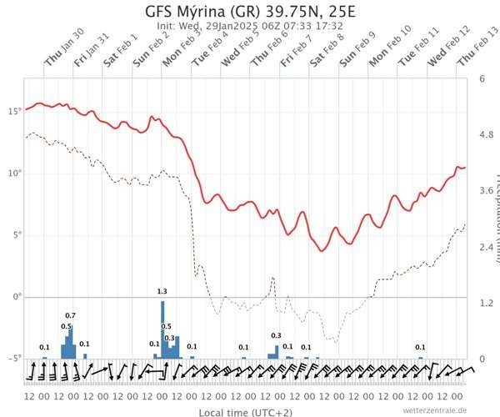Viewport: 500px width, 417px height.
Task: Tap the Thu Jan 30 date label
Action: [x=64, y=58]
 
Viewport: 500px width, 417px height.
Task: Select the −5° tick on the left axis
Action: [x=13, y=359]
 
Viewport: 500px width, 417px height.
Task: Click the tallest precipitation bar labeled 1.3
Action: [x=163, y=329]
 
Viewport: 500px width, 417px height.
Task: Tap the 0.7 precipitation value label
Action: [x=71, y=315]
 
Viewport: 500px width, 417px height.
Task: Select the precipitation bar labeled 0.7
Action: [x=71, y=342]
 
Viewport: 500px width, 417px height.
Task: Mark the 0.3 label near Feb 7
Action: [x=277, y=335]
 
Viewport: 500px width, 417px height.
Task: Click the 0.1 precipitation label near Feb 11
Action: [x=420, y=347]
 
